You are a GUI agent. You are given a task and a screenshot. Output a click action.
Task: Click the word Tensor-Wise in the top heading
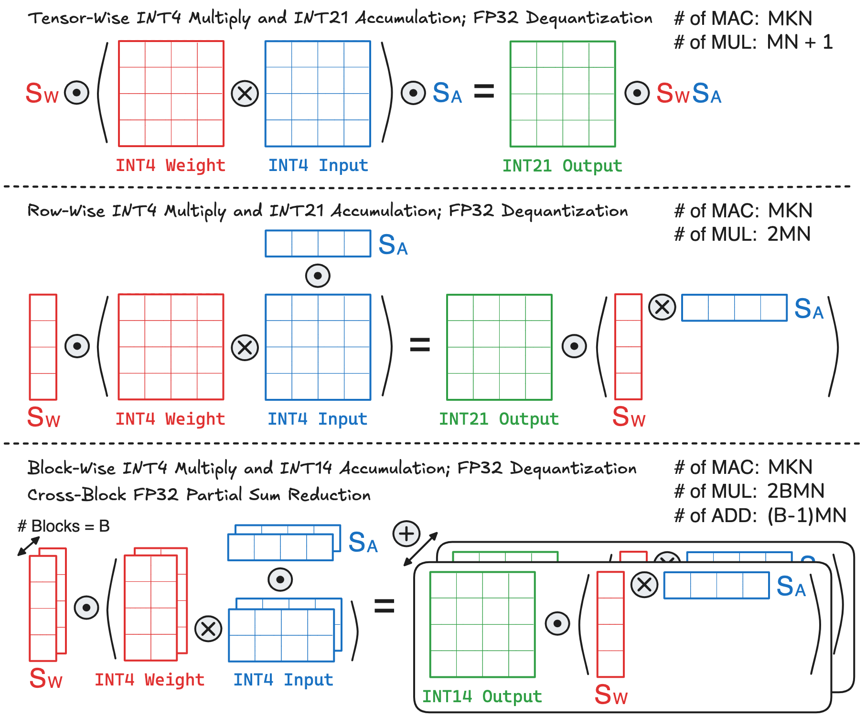(x=78, y=19)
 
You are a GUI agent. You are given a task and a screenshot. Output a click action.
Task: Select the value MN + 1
(x=800, y=43)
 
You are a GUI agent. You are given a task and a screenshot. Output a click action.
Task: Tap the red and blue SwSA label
(x=688, y=93)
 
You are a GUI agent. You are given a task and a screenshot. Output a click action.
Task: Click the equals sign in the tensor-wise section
(x=484, y=91)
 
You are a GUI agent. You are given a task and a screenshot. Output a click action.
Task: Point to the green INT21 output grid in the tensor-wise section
(x=563, y=94)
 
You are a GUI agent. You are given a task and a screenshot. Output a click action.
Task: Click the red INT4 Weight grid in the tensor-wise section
(x=171, y=94)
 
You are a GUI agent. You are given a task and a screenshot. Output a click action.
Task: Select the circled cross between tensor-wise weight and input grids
(x=245, y=94)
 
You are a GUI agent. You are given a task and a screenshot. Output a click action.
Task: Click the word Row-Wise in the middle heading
(x=66, y=211)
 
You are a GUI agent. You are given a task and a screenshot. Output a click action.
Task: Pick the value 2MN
(x=789, y=235)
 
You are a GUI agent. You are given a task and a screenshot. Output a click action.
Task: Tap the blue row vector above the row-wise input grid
(x=318, y=244)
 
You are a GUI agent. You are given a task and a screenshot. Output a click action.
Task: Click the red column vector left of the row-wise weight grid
(x=43, y=347)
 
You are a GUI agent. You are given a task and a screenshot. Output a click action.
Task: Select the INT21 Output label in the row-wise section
(x=499, y=419)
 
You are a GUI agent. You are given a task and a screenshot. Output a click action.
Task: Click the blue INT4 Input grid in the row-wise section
(x=318, y=347)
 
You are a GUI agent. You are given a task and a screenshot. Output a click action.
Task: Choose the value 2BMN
(x=796, y=492)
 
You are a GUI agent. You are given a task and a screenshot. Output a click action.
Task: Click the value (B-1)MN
(x=807, y=516)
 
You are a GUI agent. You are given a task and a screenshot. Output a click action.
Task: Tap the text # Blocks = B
(x=64, y=526)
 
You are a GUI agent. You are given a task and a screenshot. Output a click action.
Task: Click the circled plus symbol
(x=406, y=534)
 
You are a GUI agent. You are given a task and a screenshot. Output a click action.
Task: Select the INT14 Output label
(x=482, y=696)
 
